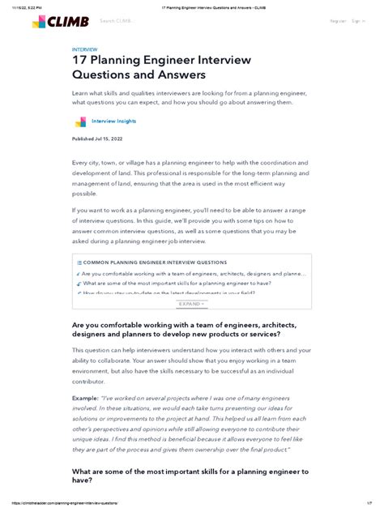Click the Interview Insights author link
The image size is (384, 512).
[x=114, y=121]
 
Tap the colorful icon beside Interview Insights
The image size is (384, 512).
[x=80, y=122]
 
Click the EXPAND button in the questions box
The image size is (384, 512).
[x=190, y=304]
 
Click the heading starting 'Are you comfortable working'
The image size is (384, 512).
[x=186, y=328]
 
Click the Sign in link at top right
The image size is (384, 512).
[x=356, y=21]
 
